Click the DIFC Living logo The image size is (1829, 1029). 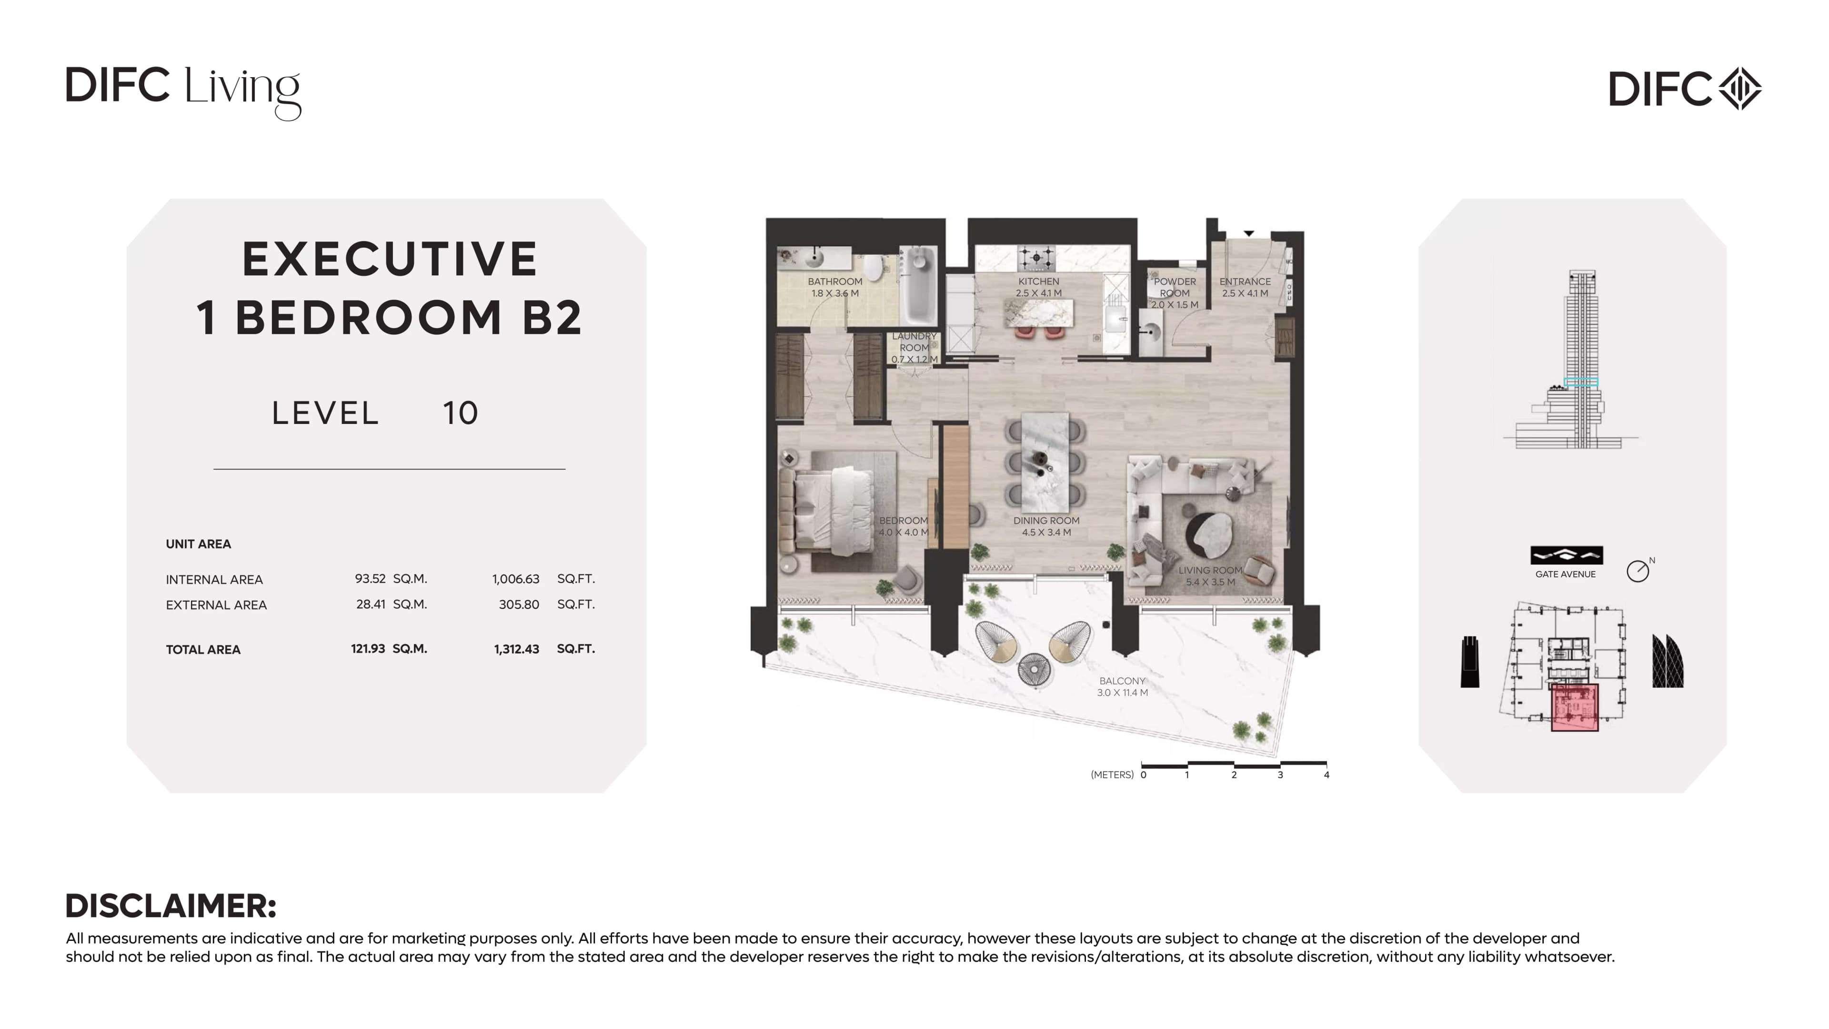[x=183, y=93]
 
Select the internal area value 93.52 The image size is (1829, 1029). [x=370, y=579]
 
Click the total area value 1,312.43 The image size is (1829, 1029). [x=516, y=649]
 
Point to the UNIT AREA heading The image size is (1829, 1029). [x=198, y=544]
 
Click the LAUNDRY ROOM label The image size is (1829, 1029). [x=914, y=342]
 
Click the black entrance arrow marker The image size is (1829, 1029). [x=1248, y=233]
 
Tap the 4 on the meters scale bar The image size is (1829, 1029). [x=1327, y=775]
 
